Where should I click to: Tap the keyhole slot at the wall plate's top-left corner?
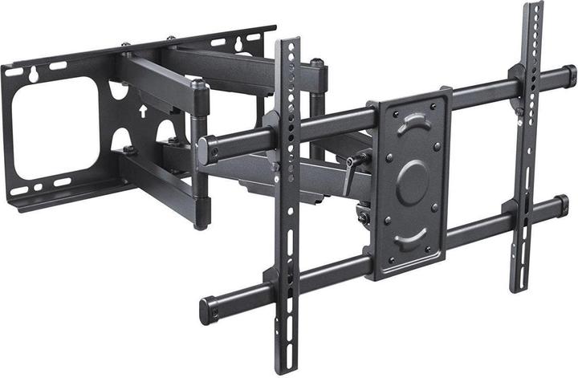[35, 74]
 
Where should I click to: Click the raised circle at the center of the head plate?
[413, 180]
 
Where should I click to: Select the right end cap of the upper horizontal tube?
[568, 74]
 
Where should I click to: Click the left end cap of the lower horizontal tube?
[210, 309]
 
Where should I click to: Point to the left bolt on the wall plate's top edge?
[127, 45]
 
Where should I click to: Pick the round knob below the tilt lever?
[363, 216]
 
